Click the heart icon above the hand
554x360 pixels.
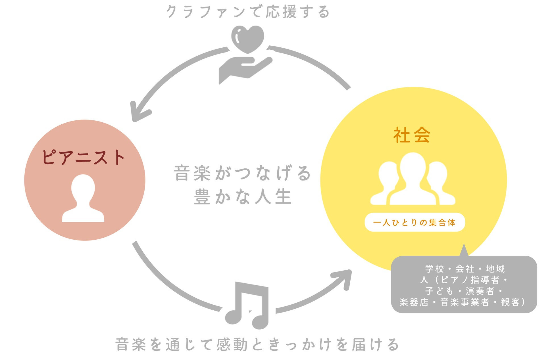click(247, 39)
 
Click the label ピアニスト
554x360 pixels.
click(83, 158)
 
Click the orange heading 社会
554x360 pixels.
click(412, 135)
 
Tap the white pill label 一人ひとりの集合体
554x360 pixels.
click(415, 222)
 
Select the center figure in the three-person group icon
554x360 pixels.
click(413, 179)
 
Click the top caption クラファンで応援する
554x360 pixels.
click(248, 12)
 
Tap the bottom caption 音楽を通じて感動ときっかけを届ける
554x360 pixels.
click(257, 344)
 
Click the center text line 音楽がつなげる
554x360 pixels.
click(242, 173)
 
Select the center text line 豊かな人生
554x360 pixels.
click(243, 196)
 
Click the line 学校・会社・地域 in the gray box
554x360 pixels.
click(465, 269)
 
